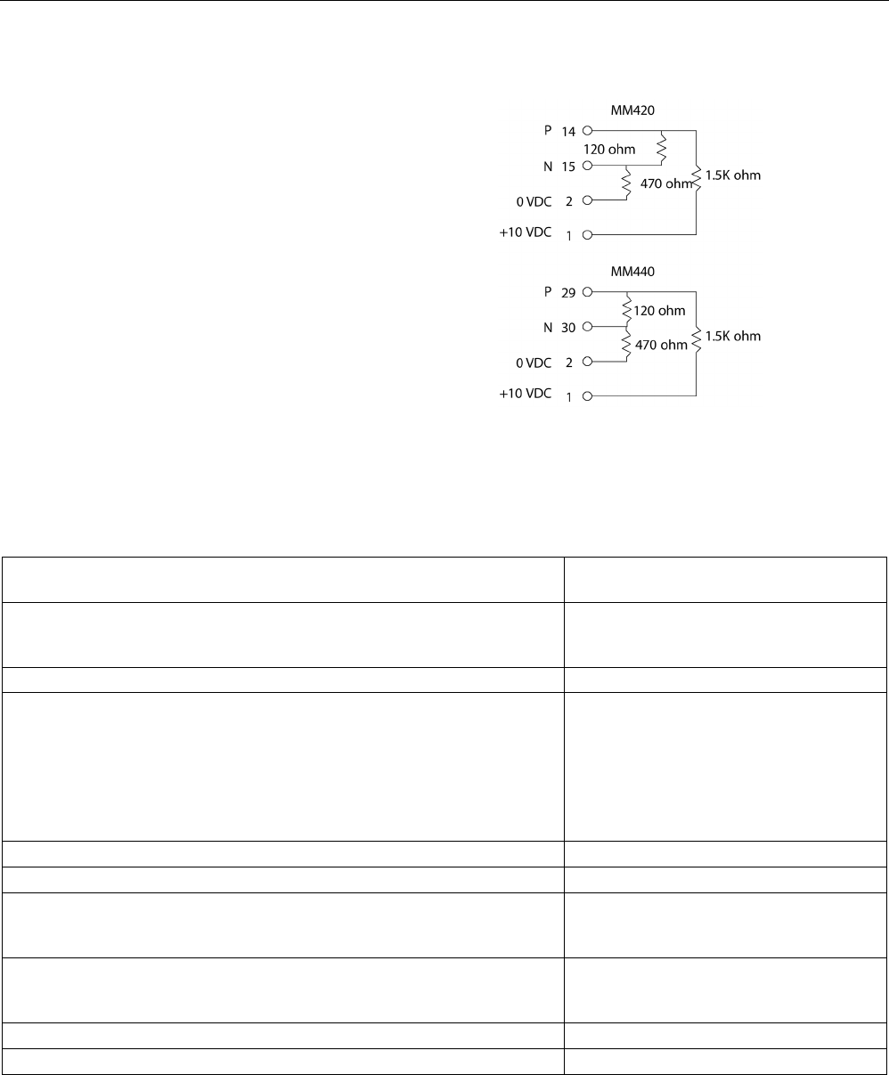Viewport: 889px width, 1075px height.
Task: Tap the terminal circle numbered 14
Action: [587, 131]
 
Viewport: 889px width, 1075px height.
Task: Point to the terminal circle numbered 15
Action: [587, 166]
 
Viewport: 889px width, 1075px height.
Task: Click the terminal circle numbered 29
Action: [587, 291]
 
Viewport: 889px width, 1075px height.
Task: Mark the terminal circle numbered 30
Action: [587, 327]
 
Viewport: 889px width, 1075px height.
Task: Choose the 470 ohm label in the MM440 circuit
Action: [660, 345]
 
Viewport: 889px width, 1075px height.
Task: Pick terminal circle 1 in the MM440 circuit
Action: [587, 396]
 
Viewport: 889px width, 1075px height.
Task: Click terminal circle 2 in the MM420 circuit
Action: [587, 201]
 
